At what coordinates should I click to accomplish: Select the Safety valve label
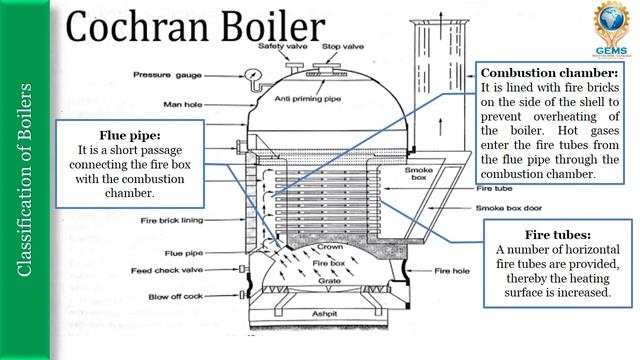(x=283, y=47)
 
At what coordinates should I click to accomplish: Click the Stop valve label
(x=342, y=47)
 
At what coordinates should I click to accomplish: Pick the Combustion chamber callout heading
(x=550, y=73)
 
